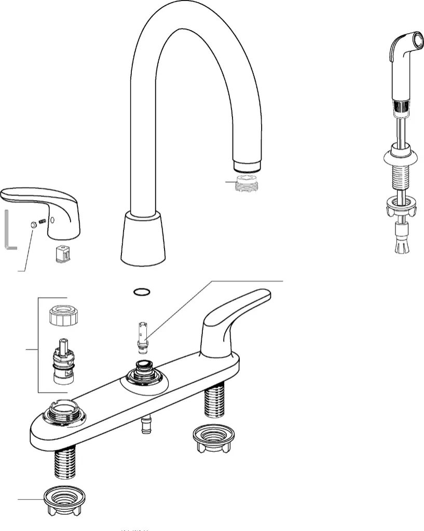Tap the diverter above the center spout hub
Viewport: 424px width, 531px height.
[x=143, y=334]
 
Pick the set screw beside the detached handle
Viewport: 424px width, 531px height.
[x=44, y=222]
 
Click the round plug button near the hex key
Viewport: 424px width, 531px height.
[x=33, y=225]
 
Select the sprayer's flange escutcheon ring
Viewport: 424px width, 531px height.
[x=400, y=155]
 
